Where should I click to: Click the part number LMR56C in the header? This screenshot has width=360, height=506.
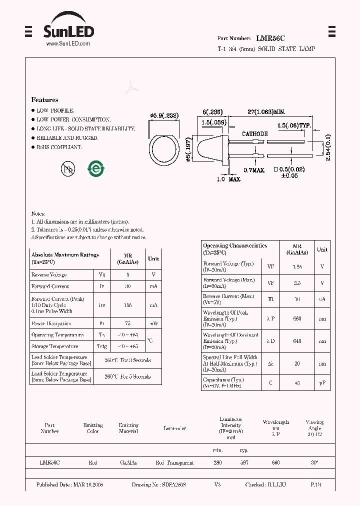click(x=270, y=38)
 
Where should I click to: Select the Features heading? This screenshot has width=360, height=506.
click(x=45, y=100)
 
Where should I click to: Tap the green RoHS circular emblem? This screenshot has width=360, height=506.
click(x=96, y=168)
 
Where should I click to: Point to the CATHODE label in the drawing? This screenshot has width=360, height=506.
click(x=254, y=134)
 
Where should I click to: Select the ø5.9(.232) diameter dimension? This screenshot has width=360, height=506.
click(x=164, y=115)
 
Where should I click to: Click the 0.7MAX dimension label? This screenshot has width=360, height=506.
click(x=253, y=170)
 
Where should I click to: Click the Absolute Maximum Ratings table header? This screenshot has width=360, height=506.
click(x=65, y=258)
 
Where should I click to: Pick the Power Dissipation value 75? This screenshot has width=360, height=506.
click(x=128, y=323)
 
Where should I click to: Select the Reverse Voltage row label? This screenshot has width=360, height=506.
click(x=49, y=275)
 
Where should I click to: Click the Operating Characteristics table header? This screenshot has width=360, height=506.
click(x=235, y=249)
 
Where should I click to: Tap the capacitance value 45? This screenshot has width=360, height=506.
click(x=297, y=383)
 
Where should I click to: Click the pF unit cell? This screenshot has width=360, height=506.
click(x=322, y=383)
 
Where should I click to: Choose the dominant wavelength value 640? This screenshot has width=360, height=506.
click(x=297, y=341)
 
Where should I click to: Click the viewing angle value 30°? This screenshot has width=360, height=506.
click(x=314, y=463)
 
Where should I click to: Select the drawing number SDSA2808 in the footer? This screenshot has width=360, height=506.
click(x=173, y=485)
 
